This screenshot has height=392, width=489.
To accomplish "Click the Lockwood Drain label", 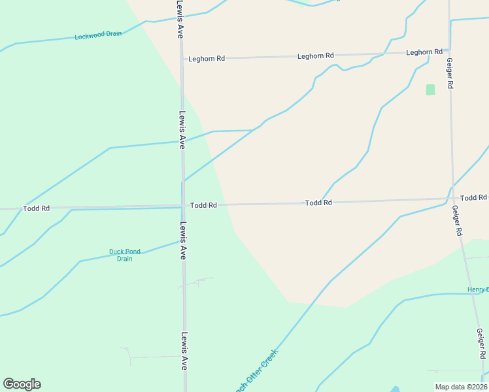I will coord(98,35).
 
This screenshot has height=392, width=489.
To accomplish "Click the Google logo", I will coord(22,384).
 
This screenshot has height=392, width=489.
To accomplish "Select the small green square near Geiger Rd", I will coord(430,90).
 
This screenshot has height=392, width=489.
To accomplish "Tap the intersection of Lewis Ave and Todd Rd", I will coord(182,206).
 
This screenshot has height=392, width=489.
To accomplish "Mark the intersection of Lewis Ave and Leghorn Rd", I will coord(181,58).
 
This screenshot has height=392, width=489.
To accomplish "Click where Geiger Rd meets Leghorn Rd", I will coord(449,50).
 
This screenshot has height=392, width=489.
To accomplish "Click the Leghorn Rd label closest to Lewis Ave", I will coord(207,58).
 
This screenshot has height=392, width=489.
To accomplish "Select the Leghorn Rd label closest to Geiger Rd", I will coord(424,52).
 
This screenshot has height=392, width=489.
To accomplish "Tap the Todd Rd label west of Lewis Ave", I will coord(36,208).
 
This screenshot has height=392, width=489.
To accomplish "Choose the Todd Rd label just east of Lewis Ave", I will coord(203,205).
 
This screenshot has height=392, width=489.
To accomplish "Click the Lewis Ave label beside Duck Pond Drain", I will coord(183,242).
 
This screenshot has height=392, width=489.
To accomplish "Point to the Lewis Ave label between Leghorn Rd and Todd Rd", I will coord(182,129).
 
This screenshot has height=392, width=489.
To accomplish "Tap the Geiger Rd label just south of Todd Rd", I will coord(457,221).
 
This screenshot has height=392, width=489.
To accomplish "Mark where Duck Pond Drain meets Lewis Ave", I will coord(182,240).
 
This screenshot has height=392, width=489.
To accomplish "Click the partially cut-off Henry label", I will coord(478,289).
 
